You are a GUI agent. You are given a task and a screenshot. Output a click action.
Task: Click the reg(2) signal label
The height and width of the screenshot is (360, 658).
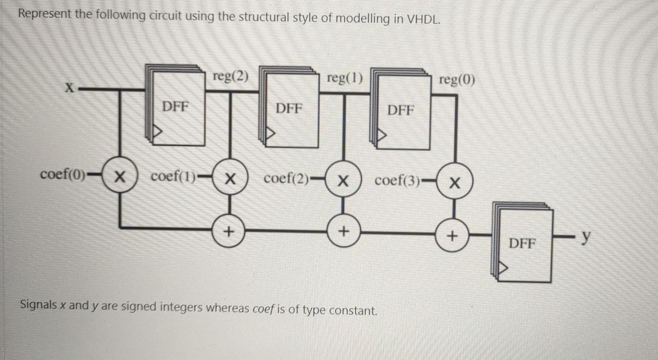pyautogui.click(x=230, y=77)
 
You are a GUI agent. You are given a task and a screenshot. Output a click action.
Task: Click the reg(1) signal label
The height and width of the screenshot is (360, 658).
pyautogui.click(x=344, y=78)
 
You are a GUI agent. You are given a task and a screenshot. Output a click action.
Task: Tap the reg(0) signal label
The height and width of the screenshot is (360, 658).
pyautogui.click(x=457, y=80)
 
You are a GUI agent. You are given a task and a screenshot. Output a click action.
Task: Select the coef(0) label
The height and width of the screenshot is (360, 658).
pyautogui.click(x=63, y=175)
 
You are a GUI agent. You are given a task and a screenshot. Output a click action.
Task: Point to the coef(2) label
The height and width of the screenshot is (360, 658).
pyautogui.click(x=286, y=179)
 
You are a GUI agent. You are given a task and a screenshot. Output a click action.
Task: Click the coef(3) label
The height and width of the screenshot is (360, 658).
pyautogui.click(x=398, y=180)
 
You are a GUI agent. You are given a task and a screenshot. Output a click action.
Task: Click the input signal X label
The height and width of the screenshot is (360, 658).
pyautogui.click(x=69, y=88)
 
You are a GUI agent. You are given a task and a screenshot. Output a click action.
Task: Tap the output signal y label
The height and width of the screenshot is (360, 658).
pyautogui.click(x=586, y=237)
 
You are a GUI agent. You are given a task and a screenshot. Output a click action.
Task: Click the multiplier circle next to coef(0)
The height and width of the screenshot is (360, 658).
pyautogui.click(x=120, y=176)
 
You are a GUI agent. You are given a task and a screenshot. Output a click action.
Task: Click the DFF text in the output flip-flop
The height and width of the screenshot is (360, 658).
pyautogui.click(x=522, y=243)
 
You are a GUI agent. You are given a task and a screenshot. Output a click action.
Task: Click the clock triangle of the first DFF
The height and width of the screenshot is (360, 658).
pyautogui.click(x=158, y=133)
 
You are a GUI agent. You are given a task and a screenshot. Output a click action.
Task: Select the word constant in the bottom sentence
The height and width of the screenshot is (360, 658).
pyautogui.click(x=350, y=310)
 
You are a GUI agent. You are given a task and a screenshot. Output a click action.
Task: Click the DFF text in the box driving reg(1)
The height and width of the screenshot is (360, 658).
pyautogui.click(x=289, y=108)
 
